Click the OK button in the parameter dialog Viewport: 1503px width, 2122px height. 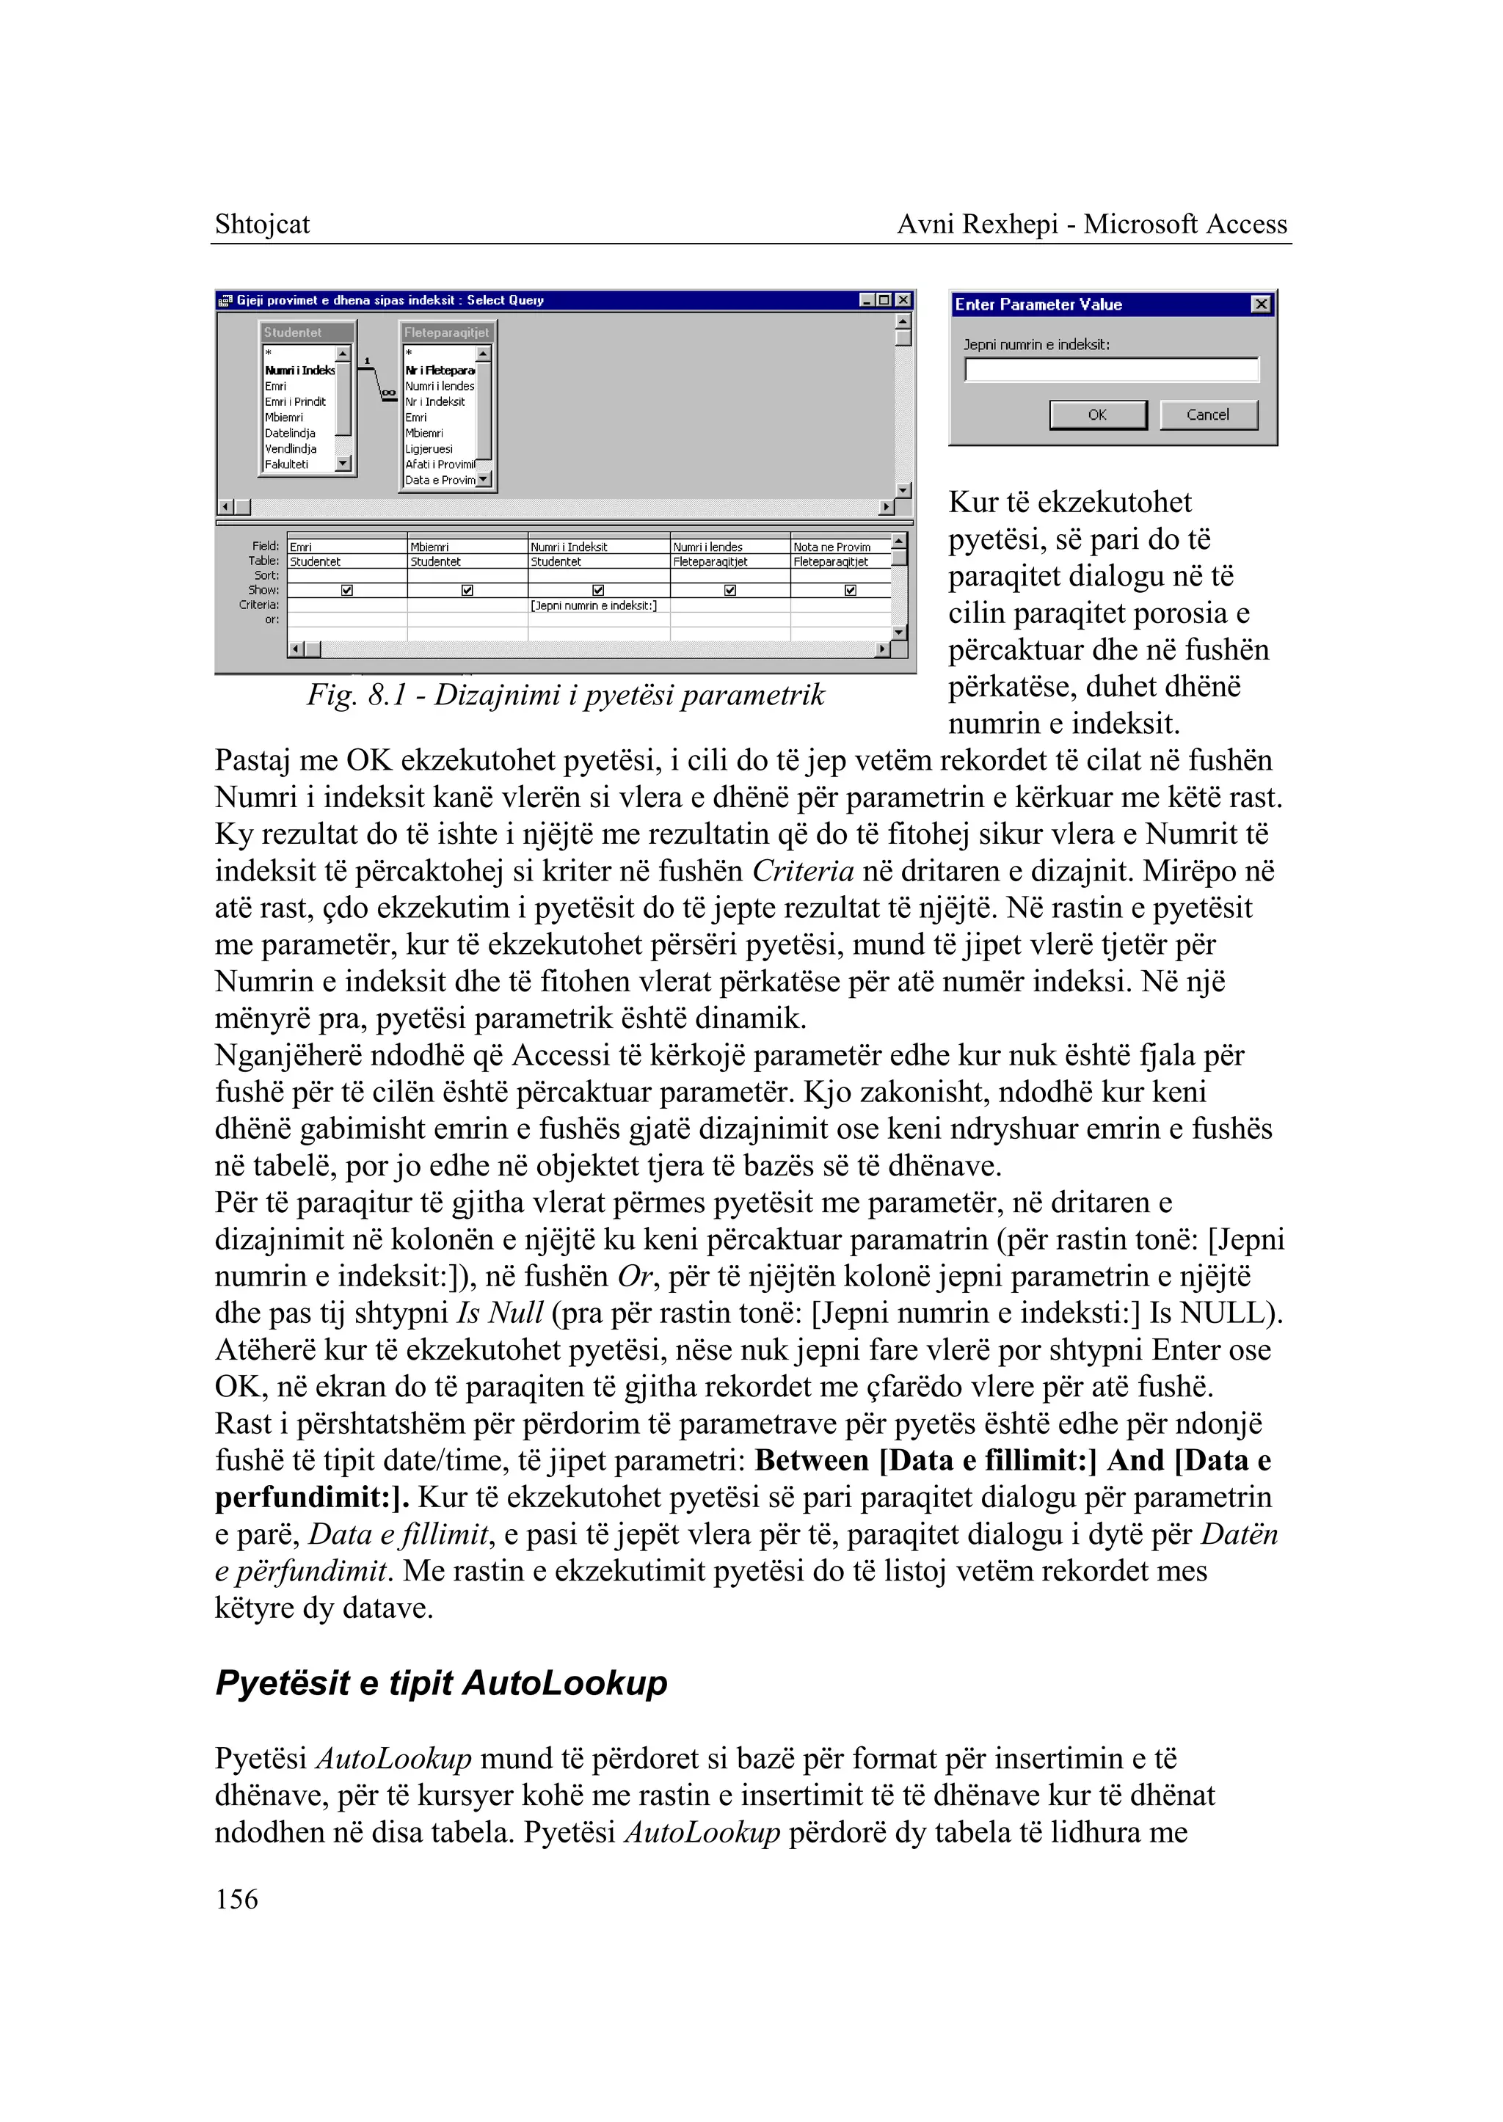1098,415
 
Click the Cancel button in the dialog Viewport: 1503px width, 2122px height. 1208,415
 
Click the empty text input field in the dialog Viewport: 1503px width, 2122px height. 1112,370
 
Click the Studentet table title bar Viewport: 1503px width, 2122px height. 306,332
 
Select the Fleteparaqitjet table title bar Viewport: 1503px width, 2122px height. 447,332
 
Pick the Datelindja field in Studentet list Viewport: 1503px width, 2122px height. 291,433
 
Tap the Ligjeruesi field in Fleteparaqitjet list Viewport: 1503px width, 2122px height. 429,449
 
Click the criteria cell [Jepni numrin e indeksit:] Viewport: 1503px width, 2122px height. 594,605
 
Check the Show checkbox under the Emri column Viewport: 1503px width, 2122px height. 347,591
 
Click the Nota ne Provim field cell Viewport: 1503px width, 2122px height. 832,547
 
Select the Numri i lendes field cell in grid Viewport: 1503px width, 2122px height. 709,547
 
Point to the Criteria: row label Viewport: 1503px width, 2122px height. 258,605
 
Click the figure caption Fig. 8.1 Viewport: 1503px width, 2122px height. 566,694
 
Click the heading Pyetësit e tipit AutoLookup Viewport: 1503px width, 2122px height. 442,1682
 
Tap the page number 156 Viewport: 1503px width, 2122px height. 237,1899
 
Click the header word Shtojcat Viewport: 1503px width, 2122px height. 262,224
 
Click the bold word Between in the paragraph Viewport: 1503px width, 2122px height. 812,1460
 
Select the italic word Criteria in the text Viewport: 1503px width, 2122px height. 802,871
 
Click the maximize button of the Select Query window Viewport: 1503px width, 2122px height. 884,300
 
